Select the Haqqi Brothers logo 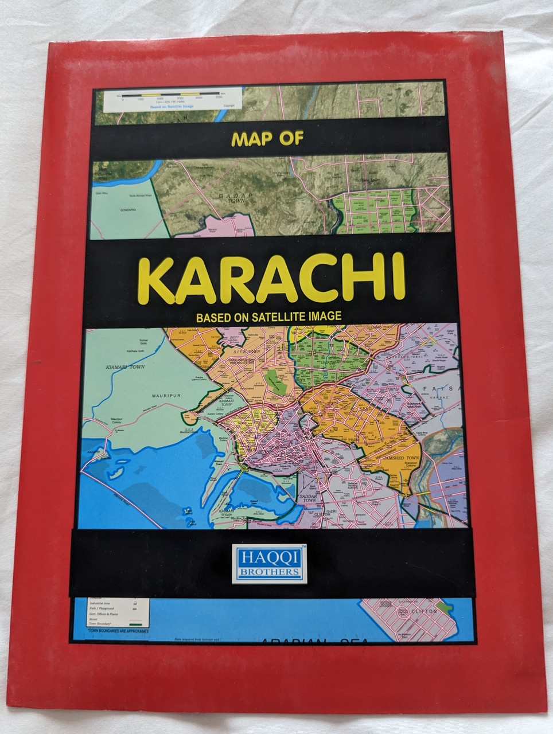(x=268, y=564)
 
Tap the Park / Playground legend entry (x=102, y=608)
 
